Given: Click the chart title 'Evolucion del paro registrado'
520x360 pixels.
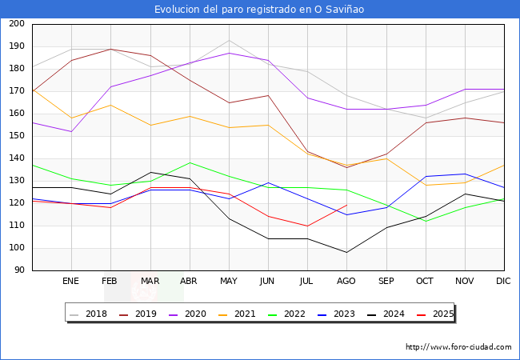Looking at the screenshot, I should (x=260, y=9).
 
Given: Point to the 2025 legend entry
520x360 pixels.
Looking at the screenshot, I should (x=443, y=314).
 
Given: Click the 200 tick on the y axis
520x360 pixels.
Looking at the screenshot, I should (x=16, y=24).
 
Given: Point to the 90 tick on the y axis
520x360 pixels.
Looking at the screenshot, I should (x=18, y=270).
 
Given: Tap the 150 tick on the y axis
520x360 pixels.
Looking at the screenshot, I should (x=16, y=136).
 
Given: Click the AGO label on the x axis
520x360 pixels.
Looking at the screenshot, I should (x=346, y=282).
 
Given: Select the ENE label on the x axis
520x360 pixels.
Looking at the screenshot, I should (x=71, y=282).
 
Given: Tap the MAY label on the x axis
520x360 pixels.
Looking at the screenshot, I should (x=229, y=282).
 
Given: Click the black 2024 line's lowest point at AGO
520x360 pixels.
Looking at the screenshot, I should (x=346, y=253).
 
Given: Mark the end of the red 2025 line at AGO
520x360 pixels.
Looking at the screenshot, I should (x=346, y=206).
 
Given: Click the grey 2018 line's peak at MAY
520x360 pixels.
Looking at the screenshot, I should (x=229, y=41).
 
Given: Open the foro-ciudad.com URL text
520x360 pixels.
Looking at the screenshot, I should (x=458, y=347).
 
